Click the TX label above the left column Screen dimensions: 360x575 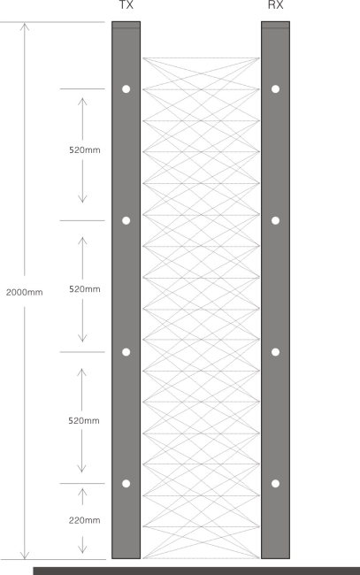[x=126, y=4]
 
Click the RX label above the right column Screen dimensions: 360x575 [x=275, y=4]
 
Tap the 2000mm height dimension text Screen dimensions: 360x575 [x=24, y=292]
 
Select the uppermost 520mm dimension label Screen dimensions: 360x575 [x=85, y=150]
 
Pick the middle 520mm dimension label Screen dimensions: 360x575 [x=85, y=289]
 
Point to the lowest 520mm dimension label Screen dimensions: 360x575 [x=84, y=420]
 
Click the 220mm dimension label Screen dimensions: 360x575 [x=85, y=520]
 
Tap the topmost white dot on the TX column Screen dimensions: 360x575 [x=126, y=89]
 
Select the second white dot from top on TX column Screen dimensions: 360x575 [x=126, y=220]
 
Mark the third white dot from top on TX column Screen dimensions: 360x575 [x=126, y=352]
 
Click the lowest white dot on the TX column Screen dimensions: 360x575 [x=126, y=484]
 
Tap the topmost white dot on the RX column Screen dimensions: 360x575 [x=276, y=89]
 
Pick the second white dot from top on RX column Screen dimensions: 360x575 [x=276, y=220]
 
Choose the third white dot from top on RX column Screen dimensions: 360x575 [x=276, y=352]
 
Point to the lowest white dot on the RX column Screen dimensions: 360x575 [x=276, y=484]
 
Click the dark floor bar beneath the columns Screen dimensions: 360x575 [x=196, y=571]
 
